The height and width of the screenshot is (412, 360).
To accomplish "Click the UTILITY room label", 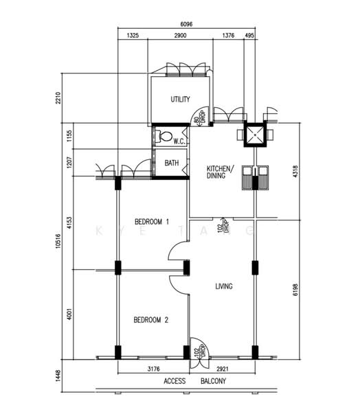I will pyautogui.click(x=180, y=100).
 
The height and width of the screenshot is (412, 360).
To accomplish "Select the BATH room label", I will pyautogui.click(x=172, y=163).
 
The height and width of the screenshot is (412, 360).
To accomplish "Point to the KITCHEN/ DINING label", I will pyautogui.click(x=221, y=172).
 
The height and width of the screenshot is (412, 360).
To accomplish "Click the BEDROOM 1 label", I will pyautogui.click(x=151, y=222).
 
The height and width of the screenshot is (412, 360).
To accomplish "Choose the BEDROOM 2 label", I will pyautogui.click(x=151, y=320).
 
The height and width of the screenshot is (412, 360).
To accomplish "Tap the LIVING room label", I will pyautogui.click(x=223, y=286).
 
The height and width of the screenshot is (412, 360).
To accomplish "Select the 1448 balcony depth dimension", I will pyautogui.click(x=60, y=375).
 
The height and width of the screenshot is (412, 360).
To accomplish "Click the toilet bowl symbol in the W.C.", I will pyautogui.click(x=162, y=137).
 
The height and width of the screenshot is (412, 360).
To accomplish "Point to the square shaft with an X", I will pyautogui.click(x=256, y=135).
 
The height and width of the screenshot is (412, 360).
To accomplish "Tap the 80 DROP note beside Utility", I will pyautogui.click(x=200, y=117).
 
